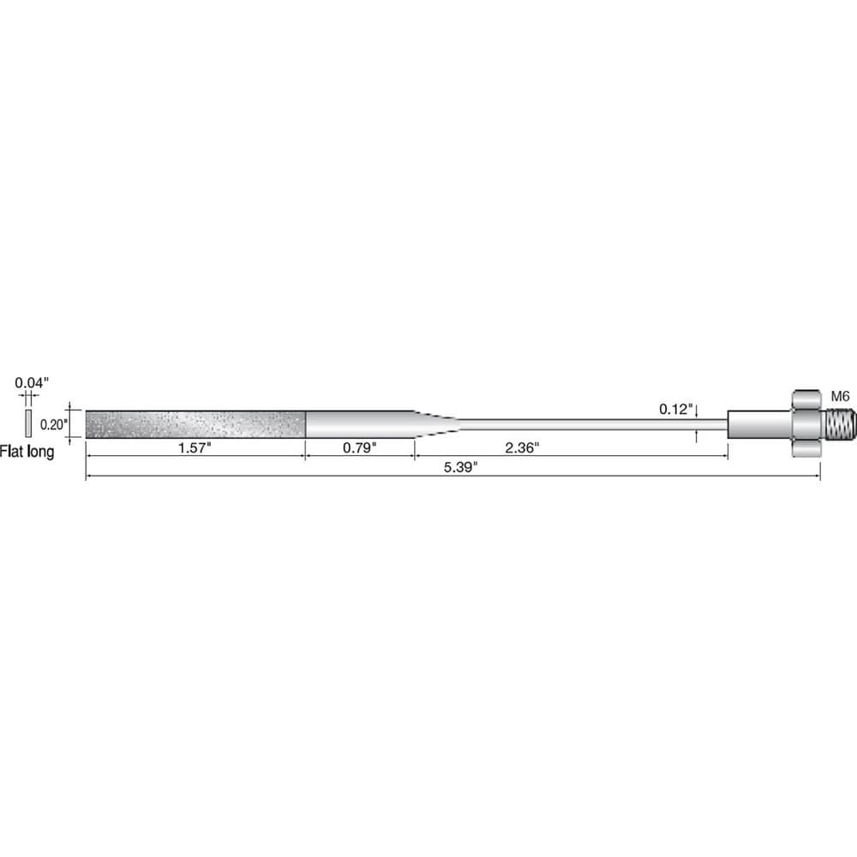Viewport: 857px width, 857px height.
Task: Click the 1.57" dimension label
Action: [x=195, y=447]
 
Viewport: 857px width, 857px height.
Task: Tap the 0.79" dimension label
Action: [x=360, y=447]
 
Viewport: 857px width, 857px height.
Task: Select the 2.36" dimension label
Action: [x=522, y=447]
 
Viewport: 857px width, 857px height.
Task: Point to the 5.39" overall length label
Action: [x=461, y=467]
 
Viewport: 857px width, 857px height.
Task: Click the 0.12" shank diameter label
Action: [x=676, y=409]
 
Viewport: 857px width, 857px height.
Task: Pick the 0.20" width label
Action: [x=54, y=424]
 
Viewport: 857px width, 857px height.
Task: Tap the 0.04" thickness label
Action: [x=32, y=382]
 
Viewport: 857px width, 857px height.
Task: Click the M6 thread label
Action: [x=840, y=396]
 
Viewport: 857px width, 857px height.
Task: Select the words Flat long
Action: [x=27, y=452]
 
